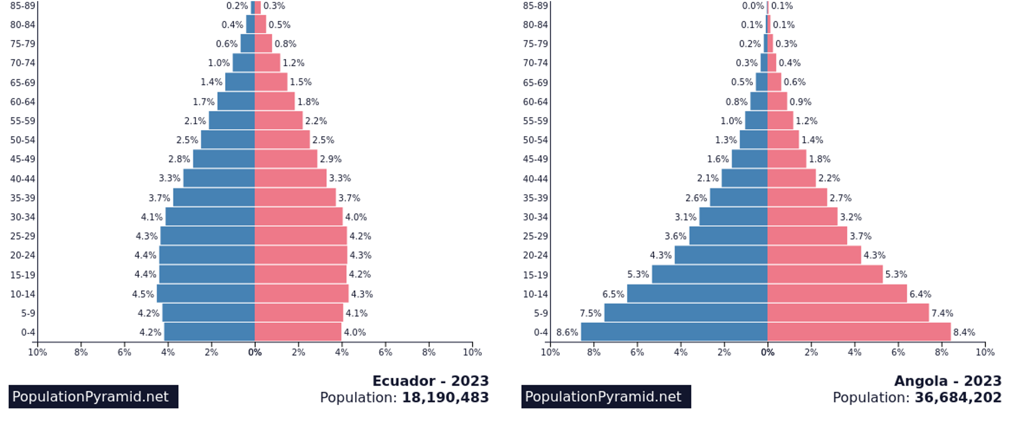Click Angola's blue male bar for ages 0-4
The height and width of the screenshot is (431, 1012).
(x=674, y=332)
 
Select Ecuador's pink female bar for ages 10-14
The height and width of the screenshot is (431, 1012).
(x=301, y=293)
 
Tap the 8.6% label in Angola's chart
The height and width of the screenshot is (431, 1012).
(x=567, y=332)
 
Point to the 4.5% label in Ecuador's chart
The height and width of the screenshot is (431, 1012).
(x=143, y=294)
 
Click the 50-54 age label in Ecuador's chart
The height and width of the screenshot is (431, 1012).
(x=23, y=140)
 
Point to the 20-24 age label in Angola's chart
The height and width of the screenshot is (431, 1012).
(x=535, y=255)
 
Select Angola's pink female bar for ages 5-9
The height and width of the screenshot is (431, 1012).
(x=848, y=313)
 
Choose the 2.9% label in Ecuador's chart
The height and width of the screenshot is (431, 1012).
(x=330, y=159)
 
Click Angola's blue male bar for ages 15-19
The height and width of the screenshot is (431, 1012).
(x=709, y=274)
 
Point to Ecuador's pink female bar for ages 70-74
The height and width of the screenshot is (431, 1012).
(x=267, y=63)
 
